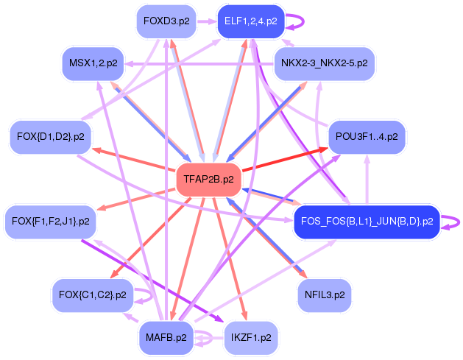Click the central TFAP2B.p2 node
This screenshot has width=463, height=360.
(208, 179)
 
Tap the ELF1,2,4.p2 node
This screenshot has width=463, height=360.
(250, 21)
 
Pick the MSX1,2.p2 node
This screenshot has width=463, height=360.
(93, 63)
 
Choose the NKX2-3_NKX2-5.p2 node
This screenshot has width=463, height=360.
(324, 63)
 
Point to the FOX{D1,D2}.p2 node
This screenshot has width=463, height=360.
(50, 136)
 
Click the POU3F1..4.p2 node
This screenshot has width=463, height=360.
(366, 137)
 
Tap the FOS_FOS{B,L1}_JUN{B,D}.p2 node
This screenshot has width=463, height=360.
(366, 221)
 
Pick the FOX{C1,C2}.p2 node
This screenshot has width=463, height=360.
(93, 295)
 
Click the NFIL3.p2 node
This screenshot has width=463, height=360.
(324, 295)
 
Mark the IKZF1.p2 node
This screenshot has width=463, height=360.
(251, 338)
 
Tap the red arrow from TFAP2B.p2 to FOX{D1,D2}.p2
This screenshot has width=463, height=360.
(132, 160)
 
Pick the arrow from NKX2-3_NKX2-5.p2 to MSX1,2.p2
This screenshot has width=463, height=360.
(199, 63)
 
